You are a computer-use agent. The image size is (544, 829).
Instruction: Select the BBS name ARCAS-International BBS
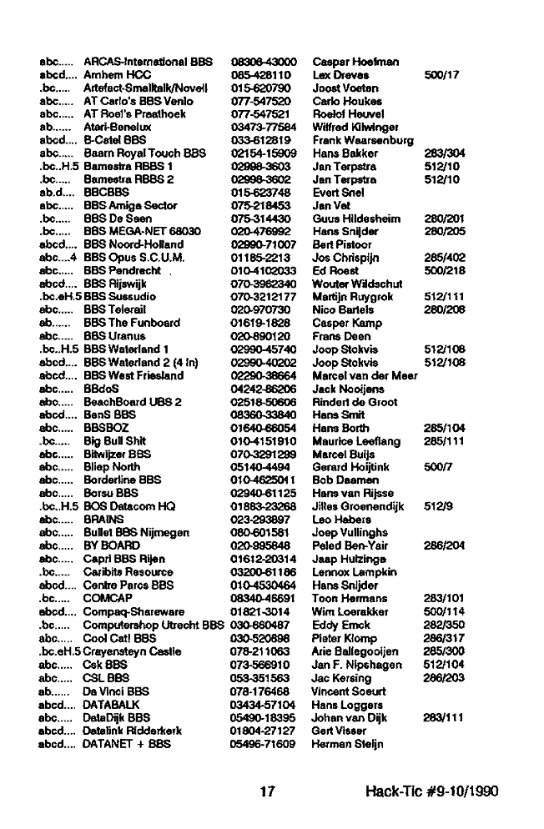(149, 62)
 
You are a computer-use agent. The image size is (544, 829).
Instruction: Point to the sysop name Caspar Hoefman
(355, 62)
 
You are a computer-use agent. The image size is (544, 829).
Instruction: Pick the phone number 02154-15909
(263, 153)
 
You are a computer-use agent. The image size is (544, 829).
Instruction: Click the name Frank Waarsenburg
(363, 140)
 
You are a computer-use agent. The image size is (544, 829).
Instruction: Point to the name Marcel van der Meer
(365, 375)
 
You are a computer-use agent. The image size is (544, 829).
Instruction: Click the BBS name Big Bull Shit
(115, 441)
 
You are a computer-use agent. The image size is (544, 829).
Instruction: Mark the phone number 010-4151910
(262, 441)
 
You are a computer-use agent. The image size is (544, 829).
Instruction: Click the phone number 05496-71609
(263, 742)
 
